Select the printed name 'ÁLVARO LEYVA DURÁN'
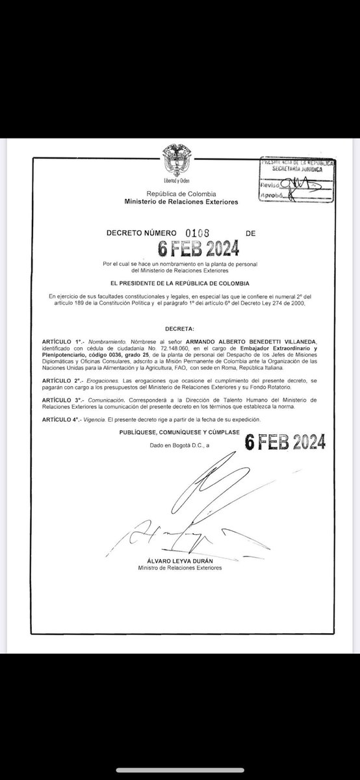pos(179,560)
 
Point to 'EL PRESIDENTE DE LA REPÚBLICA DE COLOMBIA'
pos(179,284)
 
